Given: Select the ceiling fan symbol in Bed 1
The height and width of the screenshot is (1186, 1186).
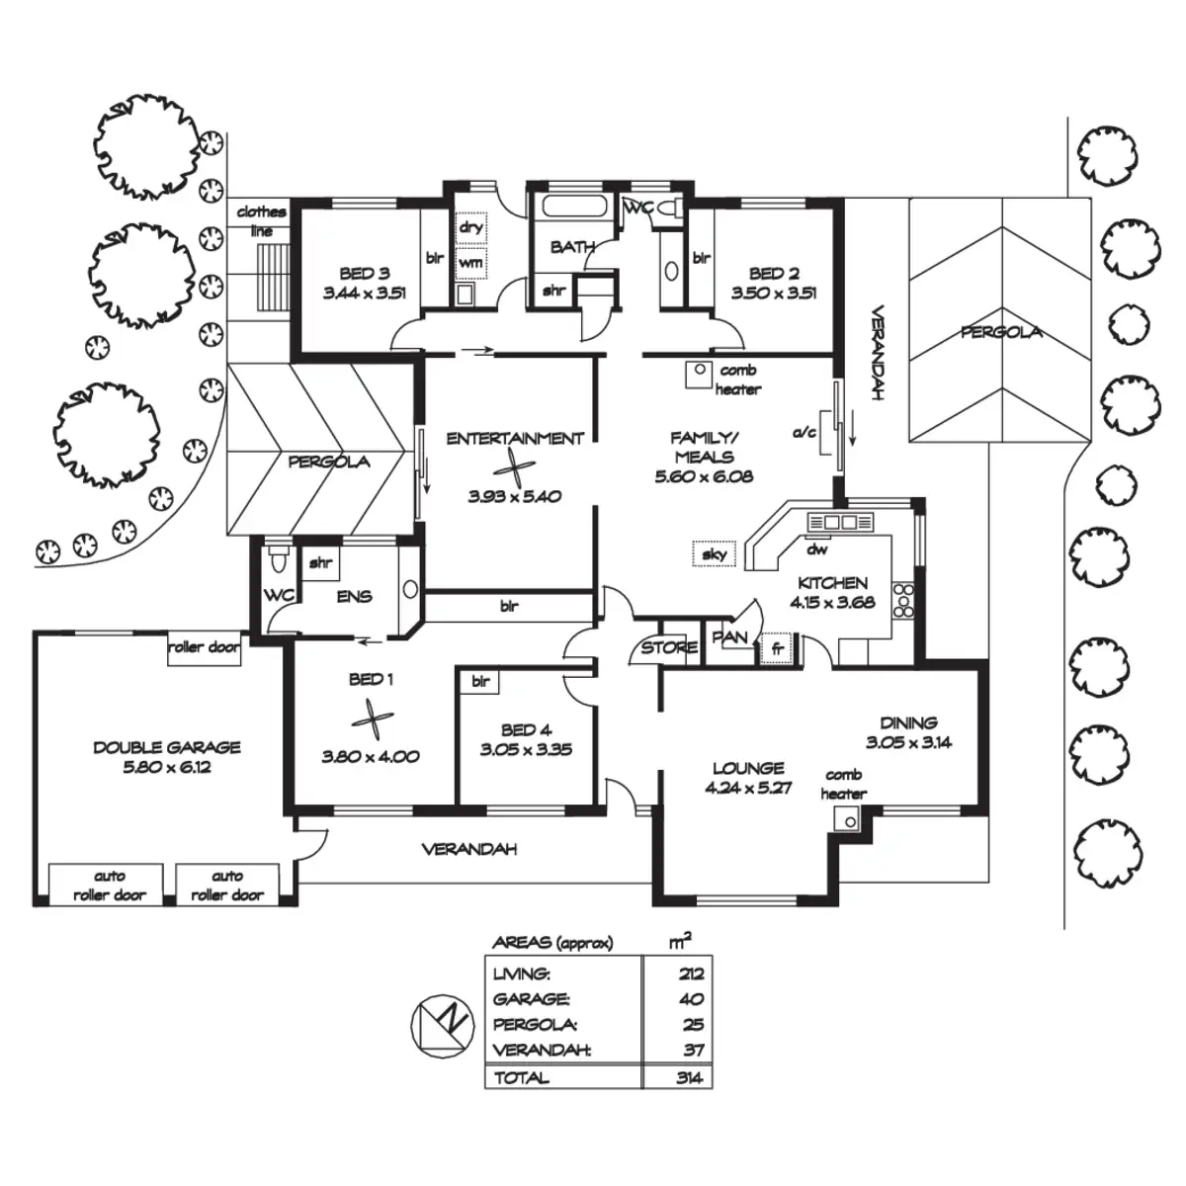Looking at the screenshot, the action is [372, 719].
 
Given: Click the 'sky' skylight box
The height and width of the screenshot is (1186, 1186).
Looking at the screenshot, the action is [714, 553].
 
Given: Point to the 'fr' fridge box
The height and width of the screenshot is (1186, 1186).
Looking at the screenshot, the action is [777, 648].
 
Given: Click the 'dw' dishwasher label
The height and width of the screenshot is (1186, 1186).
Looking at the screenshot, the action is [816, 550].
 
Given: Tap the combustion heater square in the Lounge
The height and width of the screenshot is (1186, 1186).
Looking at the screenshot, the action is [847, 818].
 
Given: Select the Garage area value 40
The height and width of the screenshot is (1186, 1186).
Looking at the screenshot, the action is [692, 998].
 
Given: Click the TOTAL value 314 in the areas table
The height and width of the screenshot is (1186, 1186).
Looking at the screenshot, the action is [688, 1077].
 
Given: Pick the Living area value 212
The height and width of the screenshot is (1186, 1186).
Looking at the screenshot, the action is [691, 974].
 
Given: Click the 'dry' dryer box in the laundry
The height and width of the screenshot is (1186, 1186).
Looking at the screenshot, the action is [470, 227].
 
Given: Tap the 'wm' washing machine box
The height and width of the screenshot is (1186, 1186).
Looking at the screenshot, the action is [470, 263].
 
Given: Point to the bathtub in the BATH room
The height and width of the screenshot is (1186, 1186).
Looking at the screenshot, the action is [574, 206].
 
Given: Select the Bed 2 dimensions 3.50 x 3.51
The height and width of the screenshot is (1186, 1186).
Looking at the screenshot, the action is [774, 293].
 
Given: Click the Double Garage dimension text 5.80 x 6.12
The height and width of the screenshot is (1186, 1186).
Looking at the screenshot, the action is [167, 767].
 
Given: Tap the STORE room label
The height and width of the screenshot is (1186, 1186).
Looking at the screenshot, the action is [669, 647].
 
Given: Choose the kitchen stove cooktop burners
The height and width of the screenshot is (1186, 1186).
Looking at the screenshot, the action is [903, 600].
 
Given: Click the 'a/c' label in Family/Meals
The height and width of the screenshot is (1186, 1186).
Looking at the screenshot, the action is [804, 433].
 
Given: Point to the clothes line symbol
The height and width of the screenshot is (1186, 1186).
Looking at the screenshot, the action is [273, 278].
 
